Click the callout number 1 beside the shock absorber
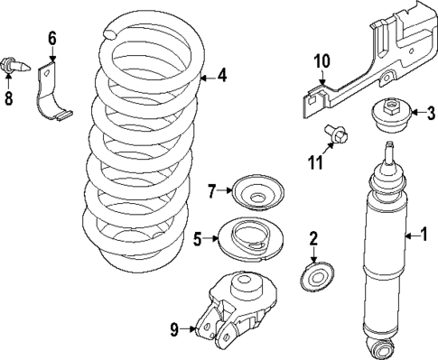point(423,235)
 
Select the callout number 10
point(322,61)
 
